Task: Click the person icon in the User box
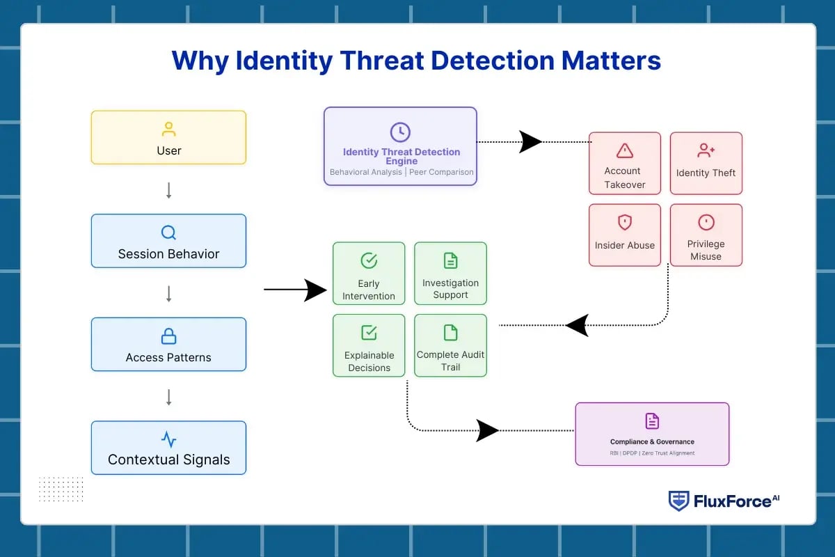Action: tap(168, 130)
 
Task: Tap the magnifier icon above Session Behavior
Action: tap(168, 233)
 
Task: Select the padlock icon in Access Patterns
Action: tap(168, 336)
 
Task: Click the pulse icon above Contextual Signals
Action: tap(168, 439)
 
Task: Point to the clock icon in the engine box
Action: tap(400, 132)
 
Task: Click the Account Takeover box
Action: tap(624, 163)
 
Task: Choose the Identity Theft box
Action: tap(706, 163)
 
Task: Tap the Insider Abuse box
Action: tap(624, 235)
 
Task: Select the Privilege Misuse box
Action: tap(706, 235)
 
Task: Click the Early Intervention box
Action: tap(368, 273)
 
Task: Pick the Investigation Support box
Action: tap(450, 273)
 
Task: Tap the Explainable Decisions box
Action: tap(368, 345)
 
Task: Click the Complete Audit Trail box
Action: tap(450, 345)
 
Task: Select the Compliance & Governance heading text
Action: tap(652, 441)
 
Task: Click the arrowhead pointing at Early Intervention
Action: tap(316, 290)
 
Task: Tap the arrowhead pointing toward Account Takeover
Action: tap(530, 142)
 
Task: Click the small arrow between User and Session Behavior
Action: tap(168, 190)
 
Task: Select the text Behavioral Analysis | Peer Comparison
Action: tap(401, 172)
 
